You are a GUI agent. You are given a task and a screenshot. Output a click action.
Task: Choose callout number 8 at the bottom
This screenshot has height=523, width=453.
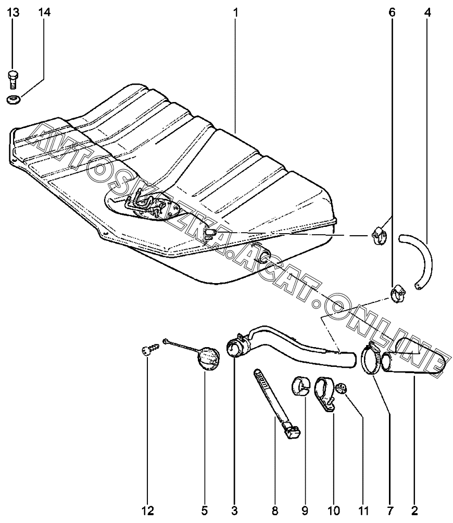tap(275, 508)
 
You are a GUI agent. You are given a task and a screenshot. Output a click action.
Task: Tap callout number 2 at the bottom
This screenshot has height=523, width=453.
tap(414, 508)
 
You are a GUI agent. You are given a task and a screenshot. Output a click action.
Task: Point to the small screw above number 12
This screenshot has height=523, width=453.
tap(146, 352)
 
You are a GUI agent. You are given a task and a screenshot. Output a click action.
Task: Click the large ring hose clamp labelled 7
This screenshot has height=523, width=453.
tap(370, 360)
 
